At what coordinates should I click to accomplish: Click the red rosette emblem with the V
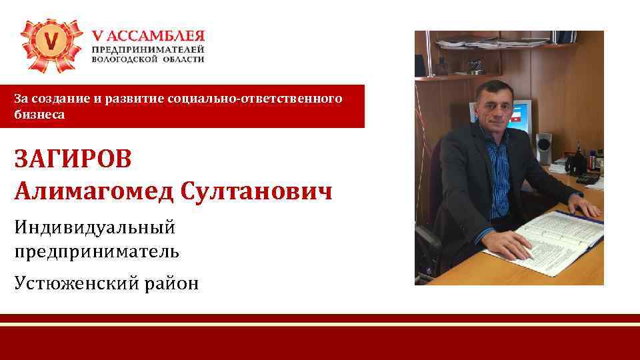click(x=52, y=43)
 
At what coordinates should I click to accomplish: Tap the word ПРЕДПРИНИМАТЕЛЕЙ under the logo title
click(x=147, y=49)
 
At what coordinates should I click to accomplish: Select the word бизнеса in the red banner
click(x=39, y=115)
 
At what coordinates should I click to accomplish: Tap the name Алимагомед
click(x=93, y=193)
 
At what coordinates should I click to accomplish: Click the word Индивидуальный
click(x=94, y=227)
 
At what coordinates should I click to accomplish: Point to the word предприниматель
click(x=96, y=251)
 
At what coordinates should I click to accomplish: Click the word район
click(x=174, y=283)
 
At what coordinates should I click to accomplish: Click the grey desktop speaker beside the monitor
click(x=544, y=148)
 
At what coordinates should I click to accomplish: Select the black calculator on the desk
click(x=587, y=179)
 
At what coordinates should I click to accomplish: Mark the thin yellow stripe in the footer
click(x=320, y=324)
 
